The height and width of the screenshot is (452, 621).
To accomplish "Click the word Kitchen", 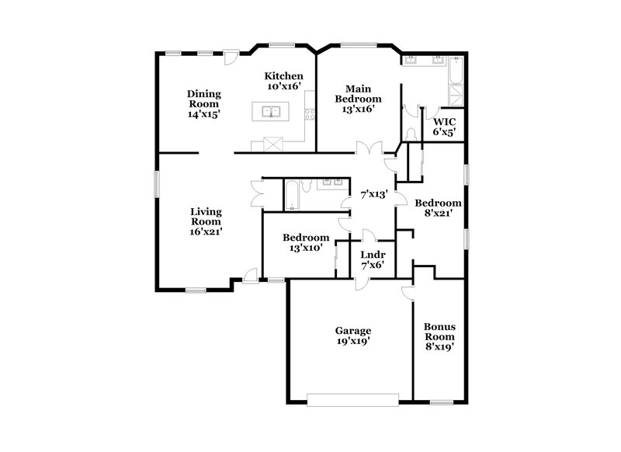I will (x=283, y=75).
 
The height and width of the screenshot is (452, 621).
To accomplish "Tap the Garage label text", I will (x=352, y=330).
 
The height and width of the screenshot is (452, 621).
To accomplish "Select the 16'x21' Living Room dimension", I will (x=207, y=231).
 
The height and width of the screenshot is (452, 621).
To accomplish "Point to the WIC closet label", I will (x=444, y=122).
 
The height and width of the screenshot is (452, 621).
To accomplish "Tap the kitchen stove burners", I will (x=310, y=114).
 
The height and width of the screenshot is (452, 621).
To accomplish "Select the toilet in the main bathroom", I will (x=411, y=134).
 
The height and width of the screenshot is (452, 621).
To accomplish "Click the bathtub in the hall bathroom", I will (x=290, y=195).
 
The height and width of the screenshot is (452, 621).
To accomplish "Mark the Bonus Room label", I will (x=439, y=332).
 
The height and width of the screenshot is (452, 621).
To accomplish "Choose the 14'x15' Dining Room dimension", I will (x=203, y=113).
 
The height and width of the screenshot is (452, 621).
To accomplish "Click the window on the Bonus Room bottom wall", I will (x=442, y=402).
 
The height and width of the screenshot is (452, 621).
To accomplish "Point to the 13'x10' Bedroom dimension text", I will (x=305, y=249).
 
